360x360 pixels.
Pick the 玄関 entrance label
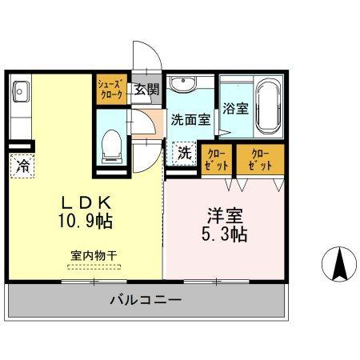146,89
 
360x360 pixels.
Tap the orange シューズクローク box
110,88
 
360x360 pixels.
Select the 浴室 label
235,106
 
